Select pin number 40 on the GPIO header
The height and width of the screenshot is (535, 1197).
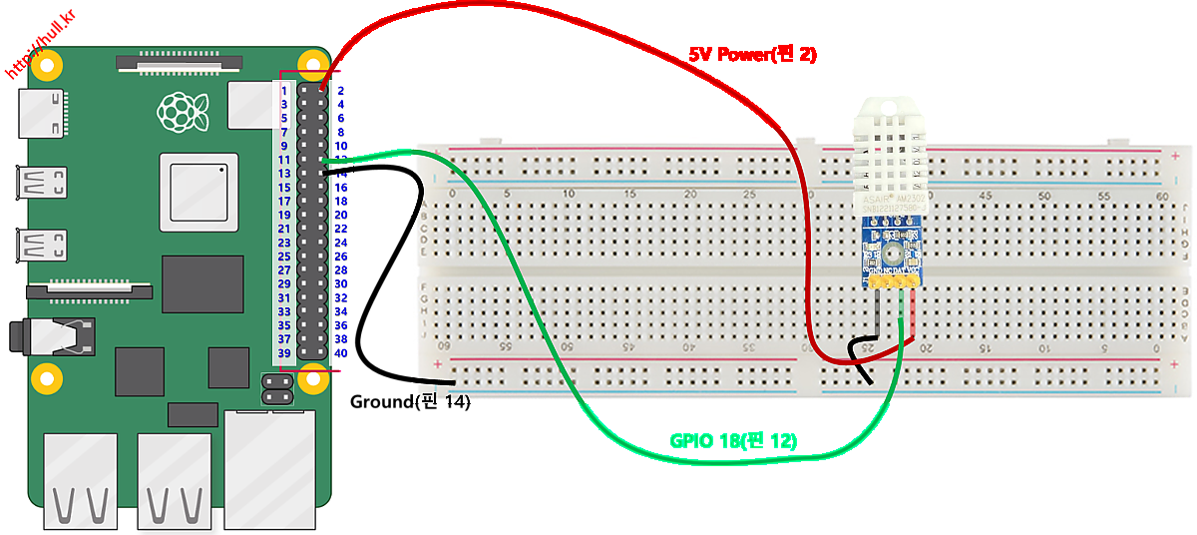[341, 353]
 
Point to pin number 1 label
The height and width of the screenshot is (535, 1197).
[284, 90]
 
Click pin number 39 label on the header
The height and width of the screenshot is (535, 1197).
[284, 353]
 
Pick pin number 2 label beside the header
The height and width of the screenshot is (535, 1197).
[341, 90]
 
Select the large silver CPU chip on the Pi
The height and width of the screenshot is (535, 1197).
[199, 193]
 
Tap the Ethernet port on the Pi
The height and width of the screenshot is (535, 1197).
[267, 469]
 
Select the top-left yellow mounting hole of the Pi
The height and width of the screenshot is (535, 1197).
[47, 63]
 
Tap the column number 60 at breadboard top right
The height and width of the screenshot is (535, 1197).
[1161, 196]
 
